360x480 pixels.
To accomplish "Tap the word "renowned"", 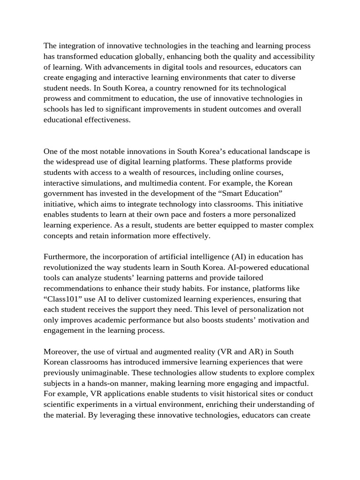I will point(199,88).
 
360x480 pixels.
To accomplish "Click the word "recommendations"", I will point(73,288).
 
